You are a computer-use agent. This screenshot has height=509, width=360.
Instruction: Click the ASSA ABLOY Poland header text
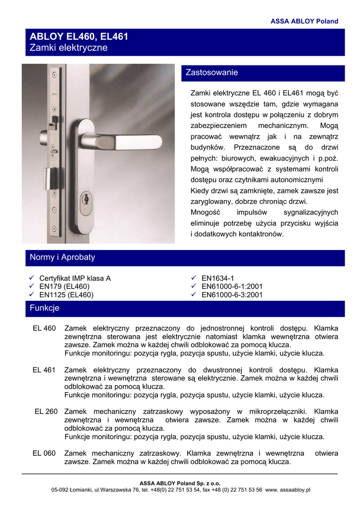(x=304, y=21)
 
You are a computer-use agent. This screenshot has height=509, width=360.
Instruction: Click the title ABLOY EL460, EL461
(x=79, y=37)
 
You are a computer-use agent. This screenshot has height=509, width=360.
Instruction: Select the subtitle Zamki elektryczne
(x=69, y=48)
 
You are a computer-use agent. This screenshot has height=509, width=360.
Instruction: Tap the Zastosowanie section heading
(x=212, y=73)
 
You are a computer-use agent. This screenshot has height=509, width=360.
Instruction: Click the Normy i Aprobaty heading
(x=62, y=257)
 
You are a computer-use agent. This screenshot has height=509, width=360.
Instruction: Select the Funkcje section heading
(x=44, y=308)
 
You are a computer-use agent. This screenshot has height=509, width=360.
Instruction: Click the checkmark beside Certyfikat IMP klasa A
(x=31, y=278)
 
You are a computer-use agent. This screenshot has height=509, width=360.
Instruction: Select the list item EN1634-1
(x=217, y=278)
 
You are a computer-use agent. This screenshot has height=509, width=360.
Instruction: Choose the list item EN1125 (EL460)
(x=66, y=295)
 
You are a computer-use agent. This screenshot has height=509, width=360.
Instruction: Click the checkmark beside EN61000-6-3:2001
(x=194, y=295)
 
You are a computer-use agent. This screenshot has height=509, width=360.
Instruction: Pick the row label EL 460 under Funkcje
(x=44, y=329)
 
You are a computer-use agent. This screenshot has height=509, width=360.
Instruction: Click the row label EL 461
(x=44, y=370)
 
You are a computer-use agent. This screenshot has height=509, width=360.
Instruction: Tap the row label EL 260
(x=46, y=412)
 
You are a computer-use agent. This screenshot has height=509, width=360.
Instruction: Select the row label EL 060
(x=44, y=453)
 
